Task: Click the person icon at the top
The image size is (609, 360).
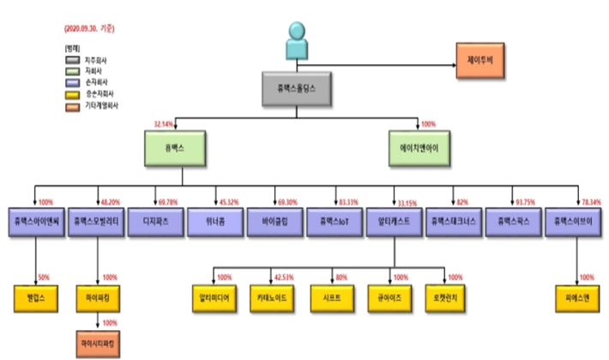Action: (x=297, y=39)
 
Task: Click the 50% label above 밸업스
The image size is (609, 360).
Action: (x=44, y=278)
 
